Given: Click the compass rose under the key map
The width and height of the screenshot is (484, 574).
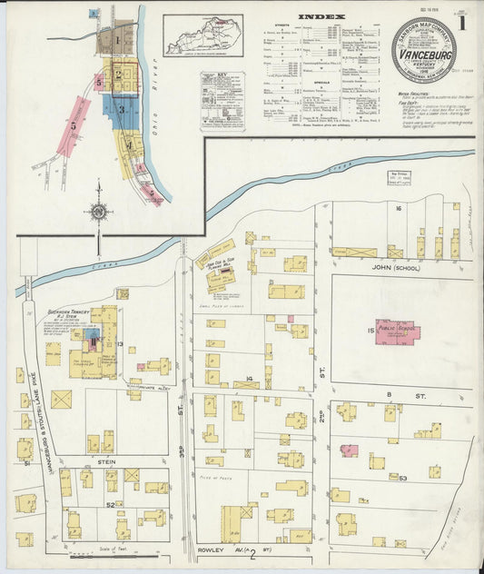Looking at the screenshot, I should (x=98, y=213).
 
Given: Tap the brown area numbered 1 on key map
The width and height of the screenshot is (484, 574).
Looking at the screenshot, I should (x=118, y=40).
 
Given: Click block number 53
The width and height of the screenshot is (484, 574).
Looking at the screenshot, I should (x=402, y=478).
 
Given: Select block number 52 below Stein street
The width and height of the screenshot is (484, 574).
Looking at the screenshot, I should (x=110, y=503).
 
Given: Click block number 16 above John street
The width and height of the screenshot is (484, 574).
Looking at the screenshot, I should (x=398, y=208).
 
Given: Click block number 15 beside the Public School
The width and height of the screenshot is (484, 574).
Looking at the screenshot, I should (x=371, y=331).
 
